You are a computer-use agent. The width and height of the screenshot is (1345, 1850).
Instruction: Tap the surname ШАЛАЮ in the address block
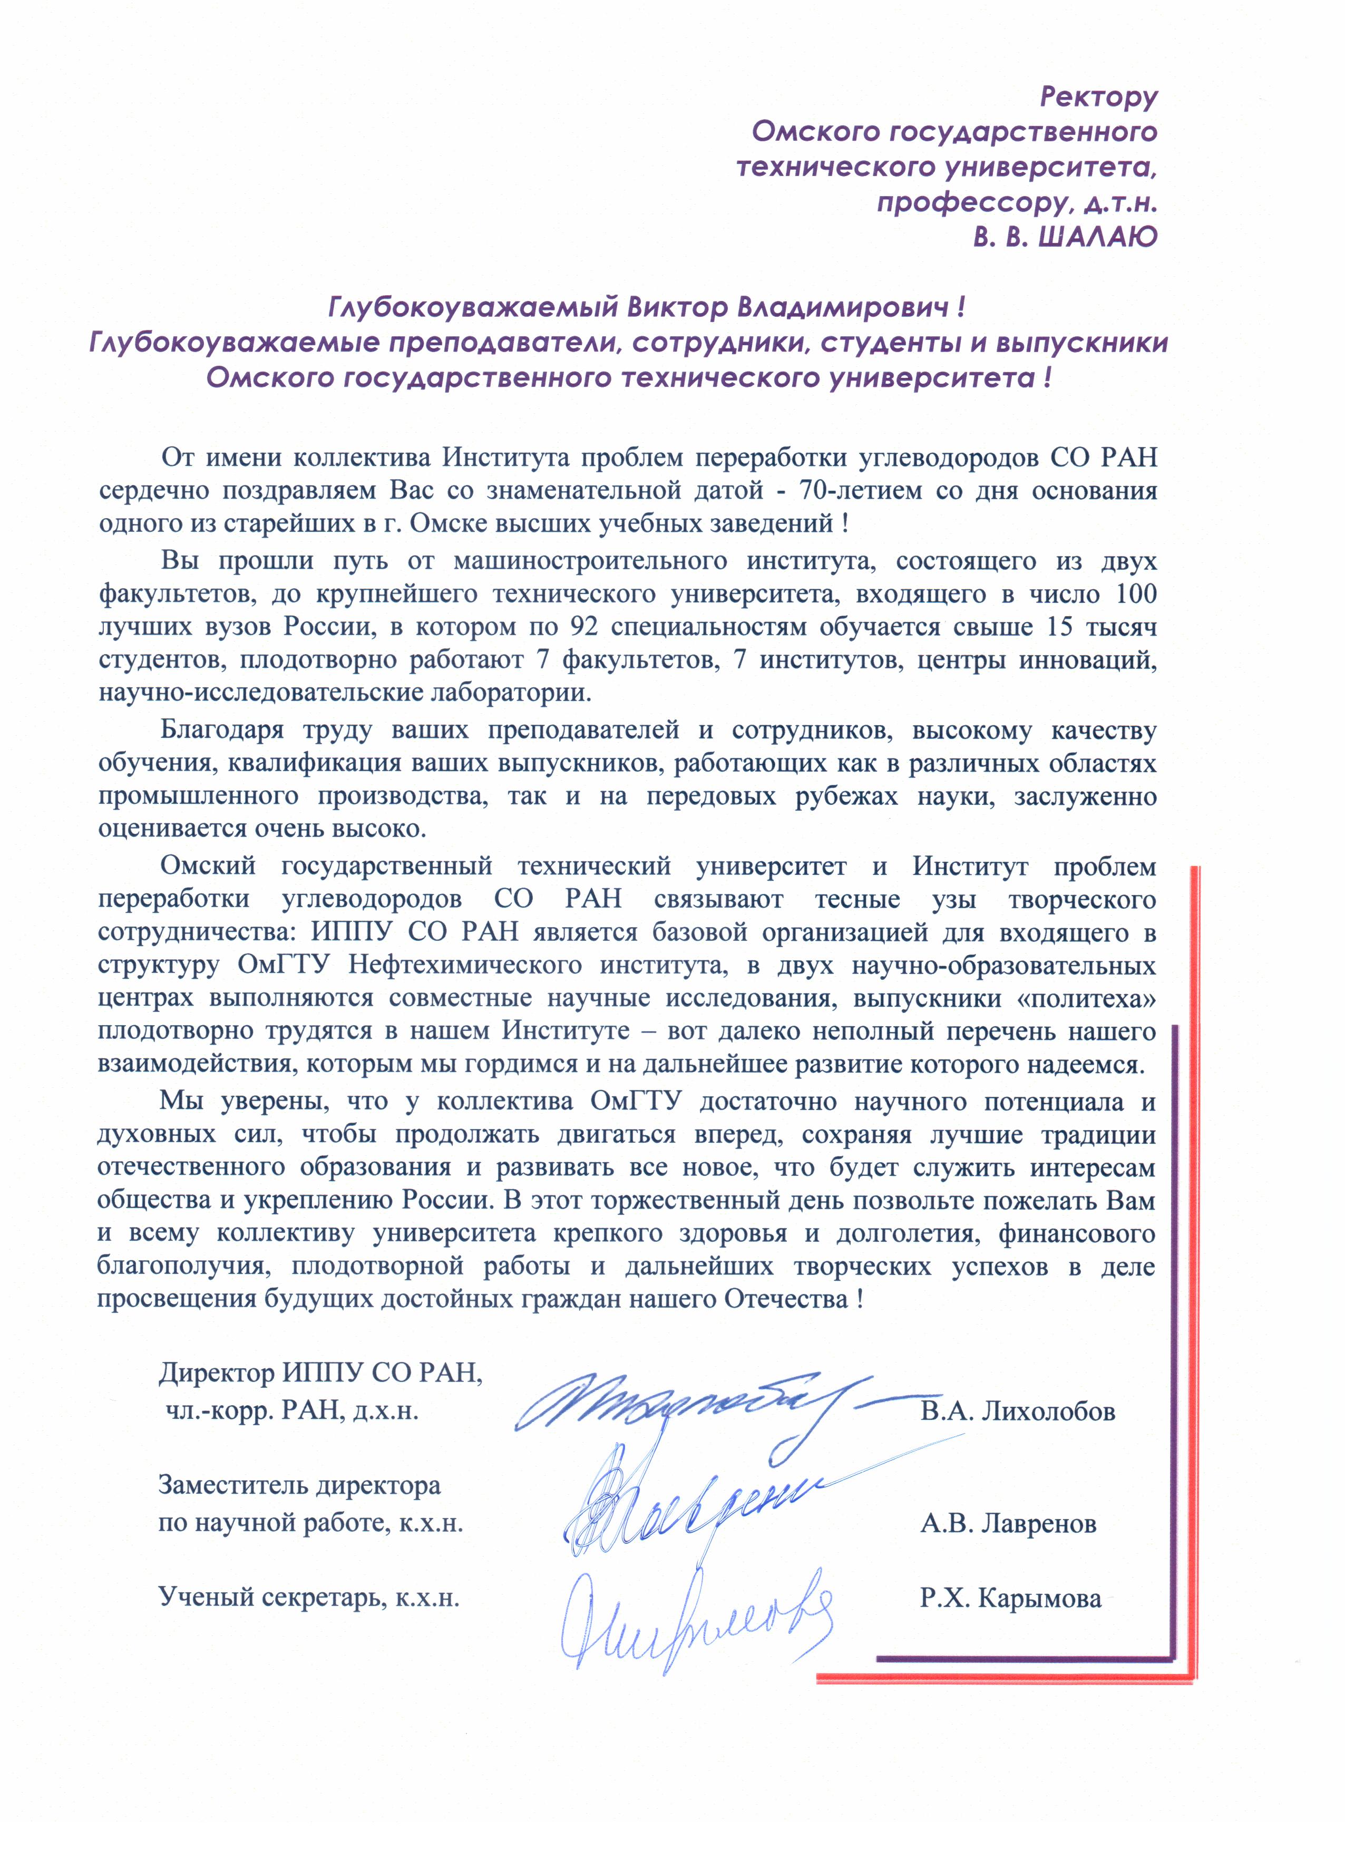click(x=1099, y=237)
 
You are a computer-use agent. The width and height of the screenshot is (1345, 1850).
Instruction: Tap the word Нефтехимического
click(x=464, y=965)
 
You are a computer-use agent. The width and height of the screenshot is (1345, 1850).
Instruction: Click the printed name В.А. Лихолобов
click(x=1017, y=1411)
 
